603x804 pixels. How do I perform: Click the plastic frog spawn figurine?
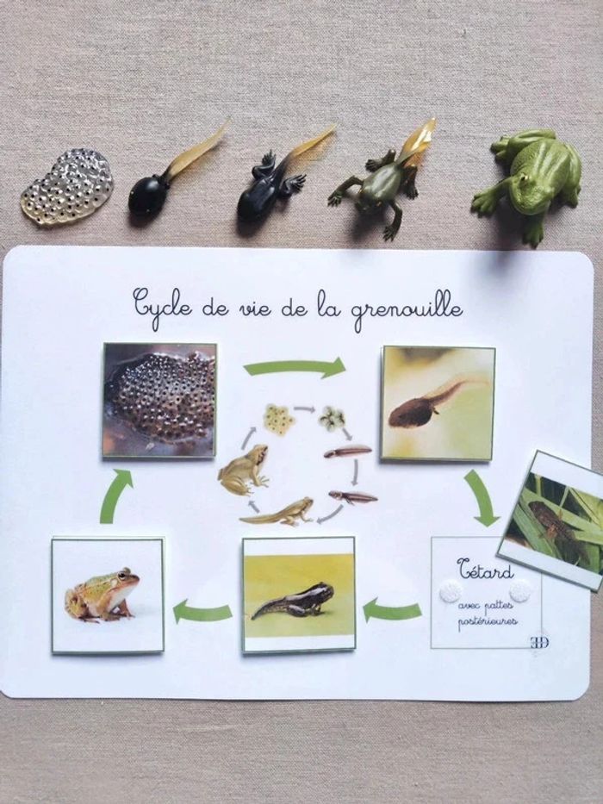pyautogui.click(x=67, y=187)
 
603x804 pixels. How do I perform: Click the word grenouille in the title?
pyautogui.click(x=407, y=309)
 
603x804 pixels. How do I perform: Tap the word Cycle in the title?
pyautogui.click(x=163, y=304)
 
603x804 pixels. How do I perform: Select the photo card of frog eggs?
pyautogui.click(x=159, y=401)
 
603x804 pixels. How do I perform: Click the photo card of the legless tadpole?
pyautogui.click(x=438, y=403)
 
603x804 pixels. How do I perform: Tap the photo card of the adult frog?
pyautogui.click(x=108, y=595)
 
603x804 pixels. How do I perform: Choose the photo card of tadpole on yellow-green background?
pyautogui.click(x=299, y=595)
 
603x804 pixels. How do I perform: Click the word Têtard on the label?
pyautogui.click(x=485, y=570)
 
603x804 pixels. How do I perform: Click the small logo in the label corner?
pyautogui.click(x=539, y=643)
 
